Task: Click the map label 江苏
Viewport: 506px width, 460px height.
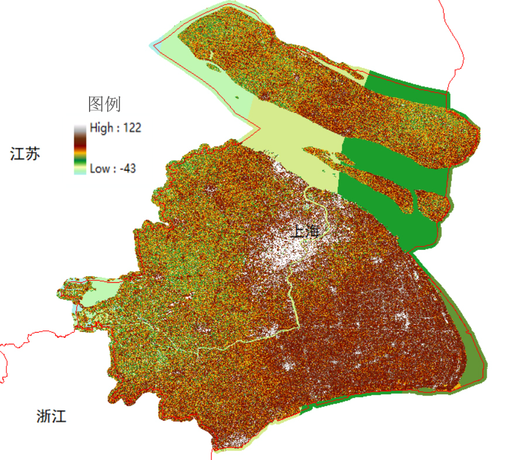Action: [x=25, y=154]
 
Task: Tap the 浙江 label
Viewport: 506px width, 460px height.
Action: [x=51, y=417]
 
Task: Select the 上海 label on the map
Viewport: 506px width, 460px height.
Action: [x=305, y=231]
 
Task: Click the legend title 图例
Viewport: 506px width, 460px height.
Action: [x=104, y=104]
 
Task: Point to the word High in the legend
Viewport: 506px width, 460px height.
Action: [x=100, y=128]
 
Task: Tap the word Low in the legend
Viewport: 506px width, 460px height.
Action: [x=99, y=169]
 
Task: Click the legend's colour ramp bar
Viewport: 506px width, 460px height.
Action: [x=80, y=149]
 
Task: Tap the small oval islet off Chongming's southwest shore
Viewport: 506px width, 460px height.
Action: [x=214, y=67]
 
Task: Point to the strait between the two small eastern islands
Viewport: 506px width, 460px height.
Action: [x=418, y=202]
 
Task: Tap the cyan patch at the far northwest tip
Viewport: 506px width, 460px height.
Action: [x=156, y=44]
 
